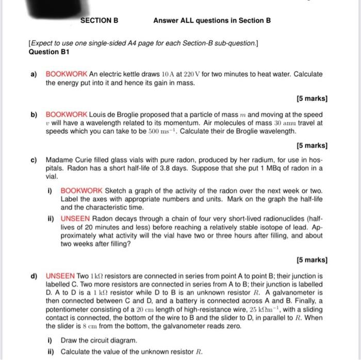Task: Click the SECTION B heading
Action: pos(100,21)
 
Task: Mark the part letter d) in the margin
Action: pos(34,275)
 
